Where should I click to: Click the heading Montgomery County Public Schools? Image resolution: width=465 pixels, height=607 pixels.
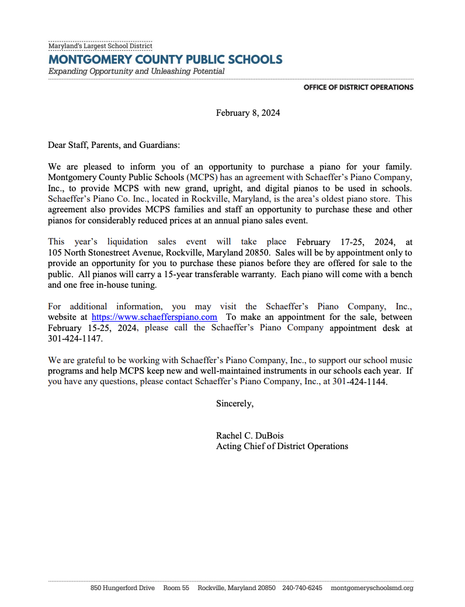coord(165,60)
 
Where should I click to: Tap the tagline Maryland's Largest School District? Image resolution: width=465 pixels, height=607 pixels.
coord(100,46)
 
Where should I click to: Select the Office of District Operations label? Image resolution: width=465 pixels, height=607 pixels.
coord(358,87)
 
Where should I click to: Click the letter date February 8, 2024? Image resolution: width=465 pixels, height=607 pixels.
coord(248,113)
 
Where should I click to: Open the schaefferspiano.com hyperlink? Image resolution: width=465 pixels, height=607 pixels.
coord(154,317)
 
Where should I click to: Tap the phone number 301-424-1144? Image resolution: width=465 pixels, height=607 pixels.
coord(359,382)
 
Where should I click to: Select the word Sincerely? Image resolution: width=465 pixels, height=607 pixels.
coord(235,403)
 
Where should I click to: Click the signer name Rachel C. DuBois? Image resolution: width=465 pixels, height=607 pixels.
coord(250,436)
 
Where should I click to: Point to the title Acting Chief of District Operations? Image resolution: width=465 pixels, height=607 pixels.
coord(282,446)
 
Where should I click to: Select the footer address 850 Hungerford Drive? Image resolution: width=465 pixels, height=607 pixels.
coord(123,588)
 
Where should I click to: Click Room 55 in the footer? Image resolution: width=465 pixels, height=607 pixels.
coord(176,588)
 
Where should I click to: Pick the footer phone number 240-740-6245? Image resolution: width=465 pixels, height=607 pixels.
coord(302,588)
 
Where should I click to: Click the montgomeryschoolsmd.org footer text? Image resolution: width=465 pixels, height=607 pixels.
coord(372,588)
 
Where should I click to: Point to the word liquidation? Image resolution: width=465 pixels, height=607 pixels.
coord(127,242)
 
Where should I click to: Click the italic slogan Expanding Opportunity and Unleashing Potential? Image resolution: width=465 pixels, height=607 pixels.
coord(136,71)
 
